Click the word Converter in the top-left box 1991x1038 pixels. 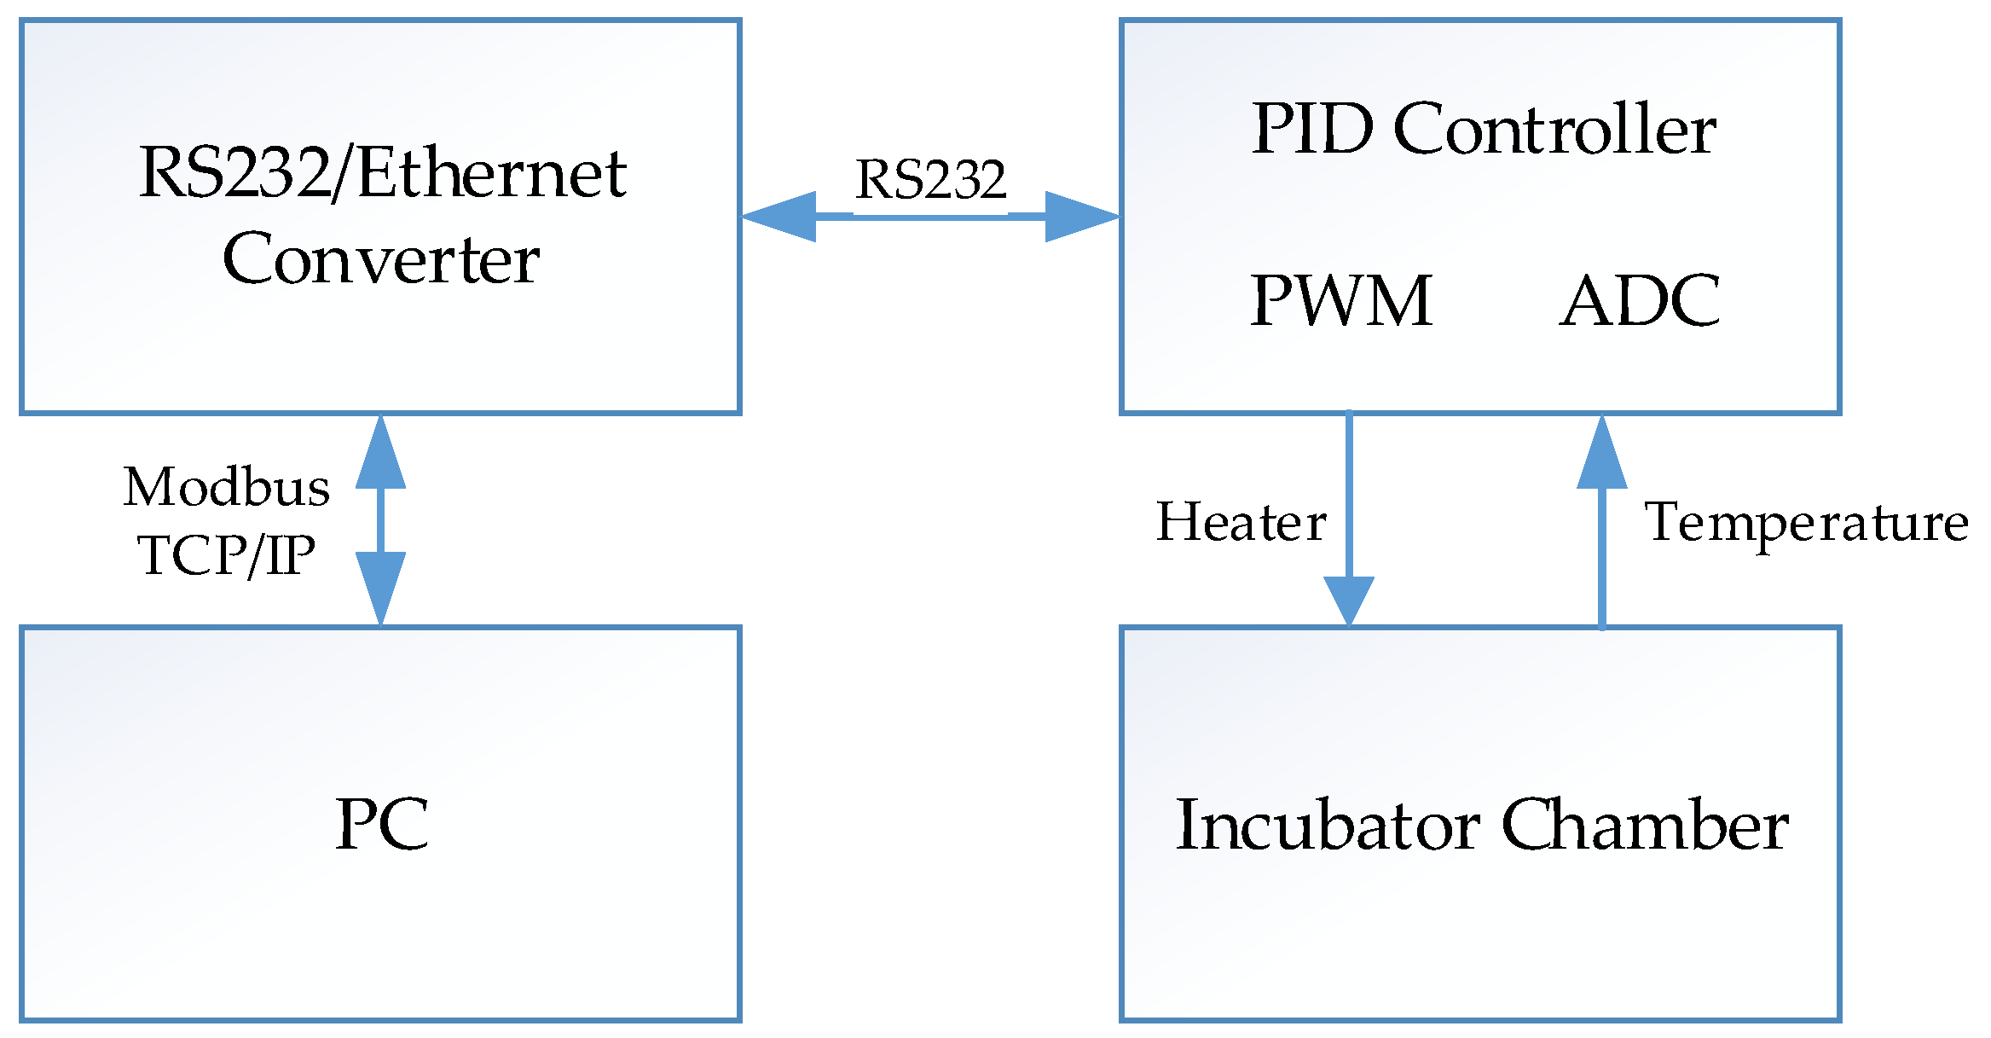point(380,259)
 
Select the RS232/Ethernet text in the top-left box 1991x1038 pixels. point(383,173)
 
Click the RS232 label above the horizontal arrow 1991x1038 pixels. point(930,180)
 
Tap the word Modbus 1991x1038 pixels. point(227,487)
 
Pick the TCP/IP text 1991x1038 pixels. point(227,555)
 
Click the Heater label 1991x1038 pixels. point(1241,522)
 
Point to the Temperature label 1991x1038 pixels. point(1806,522)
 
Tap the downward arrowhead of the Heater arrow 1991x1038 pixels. point(1348,600)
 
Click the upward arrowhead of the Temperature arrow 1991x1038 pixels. point(1601,455)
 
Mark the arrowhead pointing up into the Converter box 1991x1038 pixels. point(380,455)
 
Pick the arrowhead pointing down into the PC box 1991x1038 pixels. point(380,587)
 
